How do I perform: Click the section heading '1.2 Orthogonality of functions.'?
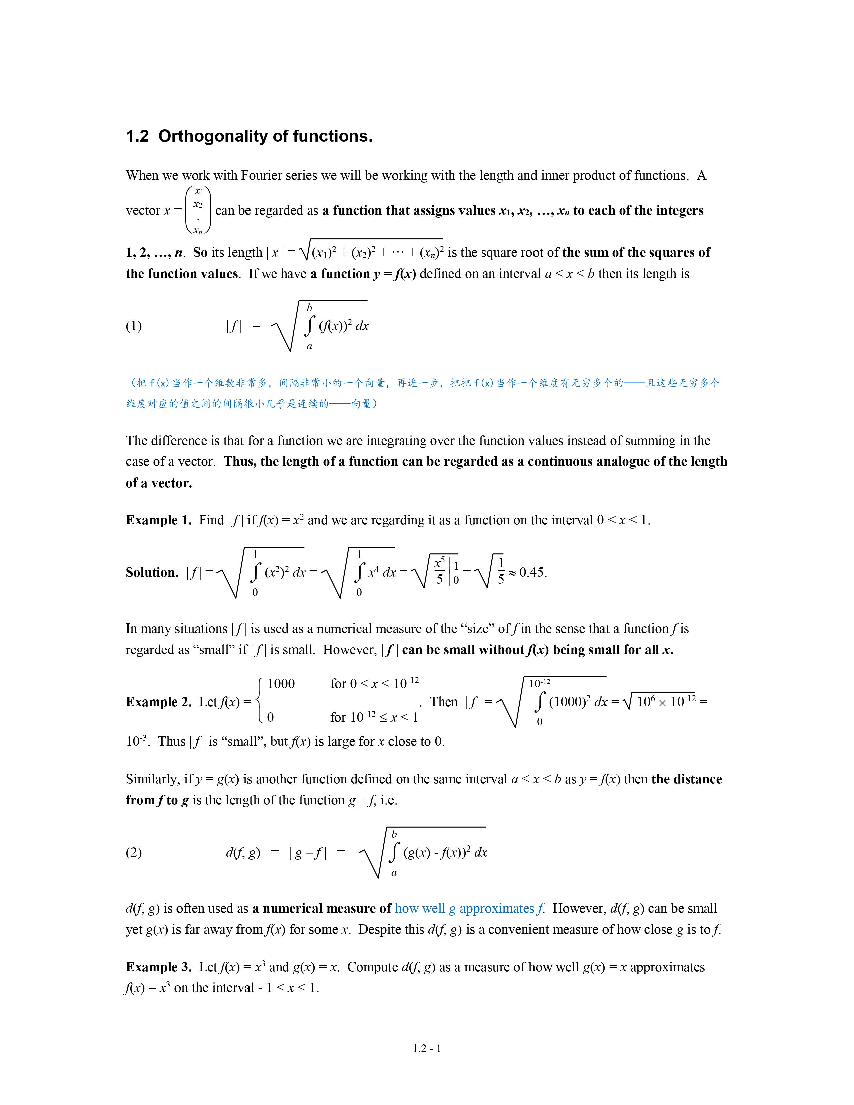pyautogui.click(x=249, y=136)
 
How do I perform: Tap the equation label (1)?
pyautogui.click(x=134, y=326)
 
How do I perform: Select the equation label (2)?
pyautogui.click(x=134, y=853)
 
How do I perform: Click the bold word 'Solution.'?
pyautogui.click(x=152, y=572)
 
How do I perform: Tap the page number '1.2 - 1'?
pyautogui.click(x=426, y=1048)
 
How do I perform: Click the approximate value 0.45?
pyautogui.click(x=532, y=572)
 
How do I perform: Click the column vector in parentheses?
pyautogui.click(x=198, y=210)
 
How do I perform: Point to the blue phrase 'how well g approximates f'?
pyautogui.click(x=469, y=909)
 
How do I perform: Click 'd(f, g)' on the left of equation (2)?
pyautogui.click(x=243, y=853)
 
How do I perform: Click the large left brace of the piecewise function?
pyautogui.click(x=258, y=701)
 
